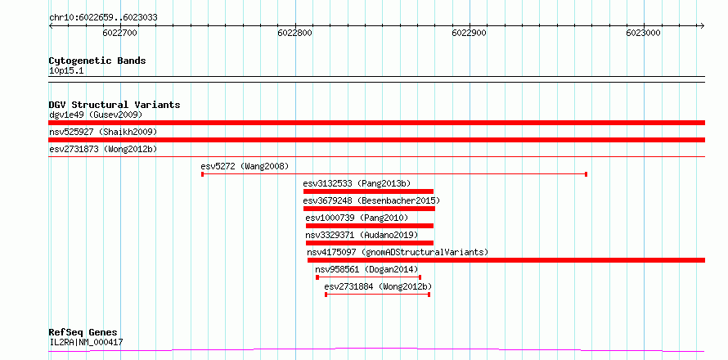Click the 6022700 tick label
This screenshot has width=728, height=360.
coord(119,33)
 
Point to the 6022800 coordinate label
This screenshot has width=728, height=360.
coord(294,33)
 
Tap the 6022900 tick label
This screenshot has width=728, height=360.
coord(470,33)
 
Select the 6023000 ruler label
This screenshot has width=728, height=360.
coord(644,33)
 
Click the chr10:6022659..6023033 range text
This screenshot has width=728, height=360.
coord(103,17)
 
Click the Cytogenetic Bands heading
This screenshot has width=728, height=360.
coord(97,61)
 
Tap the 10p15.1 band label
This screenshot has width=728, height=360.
coord(66,71)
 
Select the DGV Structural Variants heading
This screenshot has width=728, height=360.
coord(115,105)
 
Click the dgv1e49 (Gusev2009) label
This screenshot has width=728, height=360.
coord(96,115)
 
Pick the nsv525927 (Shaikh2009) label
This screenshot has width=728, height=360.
coord(103,132)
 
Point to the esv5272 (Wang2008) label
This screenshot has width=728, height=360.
coord(245,166)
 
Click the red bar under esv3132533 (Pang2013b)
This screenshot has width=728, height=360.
coord(368,191)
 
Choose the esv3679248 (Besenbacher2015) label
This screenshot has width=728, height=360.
coord(371,200)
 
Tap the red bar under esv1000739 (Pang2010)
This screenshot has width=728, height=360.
coord(370,226)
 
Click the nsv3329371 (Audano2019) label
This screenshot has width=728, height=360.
coord(362,235)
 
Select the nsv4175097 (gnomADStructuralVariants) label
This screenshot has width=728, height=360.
coord(398,252)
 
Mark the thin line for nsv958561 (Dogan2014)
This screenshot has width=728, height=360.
coord(368,277)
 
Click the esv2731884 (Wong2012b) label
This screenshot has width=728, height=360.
coord(378,286)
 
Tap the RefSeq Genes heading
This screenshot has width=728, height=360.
coord(83,333)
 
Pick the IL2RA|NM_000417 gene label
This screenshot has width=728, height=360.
coord(86,343)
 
